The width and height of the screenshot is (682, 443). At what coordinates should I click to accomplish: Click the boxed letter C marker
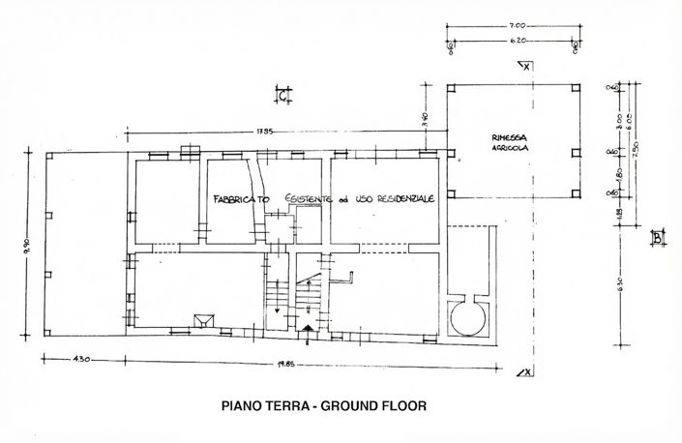(x=282, y=95)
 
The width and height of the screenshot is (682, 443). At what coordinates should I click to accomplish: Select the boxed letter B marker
(x=656, y=237)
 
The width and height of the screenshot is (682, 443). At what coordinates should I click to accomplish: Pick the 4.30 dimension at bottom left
(x=79, y=361)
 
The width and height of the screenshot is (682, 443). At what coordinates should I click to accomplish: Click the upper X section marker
(x=524, y=67)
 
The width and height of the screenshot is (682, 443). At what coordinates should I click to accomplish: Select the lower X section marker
(x=524, y=371)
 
